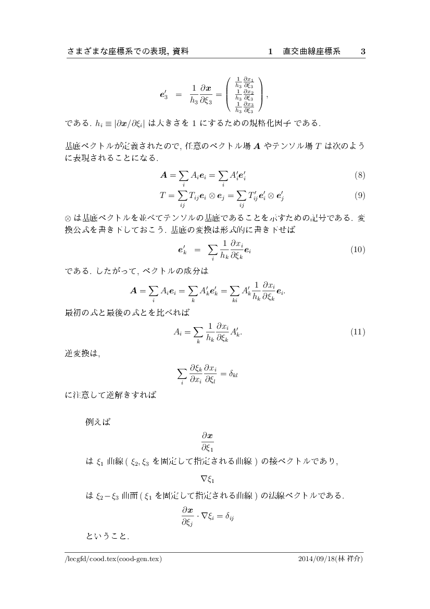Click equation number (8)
tap(360, 176)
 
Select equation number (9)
tap(360, 196)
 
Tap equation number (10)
tap(358, 250)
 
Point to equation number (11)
tap(358, 331)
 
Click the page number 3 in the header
tap(363, 52)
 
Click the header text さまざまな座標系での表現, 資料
tap(128, 52)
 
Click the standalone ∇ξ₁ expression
tap(208, 478)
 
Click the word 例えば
tap(98, 422)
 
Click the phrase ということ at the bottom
tap(107, 535)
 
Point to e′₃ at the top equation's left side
tap(163, 95)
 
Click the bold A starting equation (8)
tap(163, 176)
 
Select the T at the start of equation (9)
tap(162, 196)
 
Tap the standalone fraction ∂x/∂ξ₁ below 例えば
tap(208, 441)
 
